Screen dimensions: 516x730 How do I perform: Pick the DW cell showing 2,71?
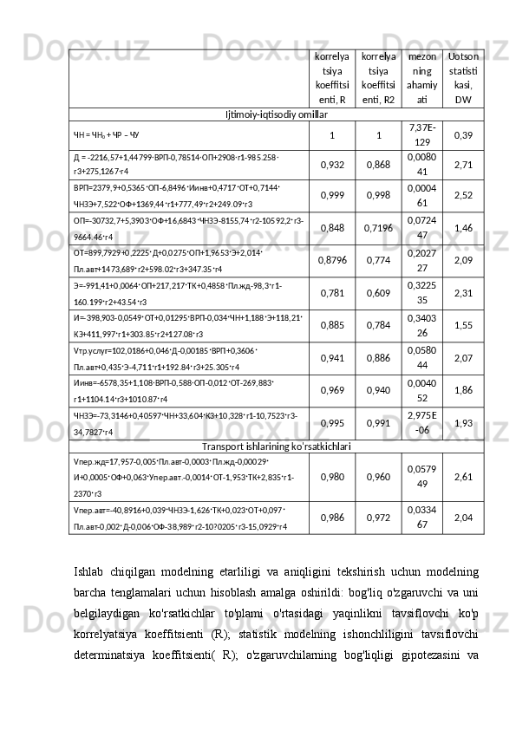click(x=463, y=164)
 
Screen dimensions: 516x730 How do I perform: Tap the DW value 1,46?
click(x=463, y=228)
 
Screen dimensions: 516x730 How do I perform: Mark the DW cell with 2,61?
click(x=463, y=477)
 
